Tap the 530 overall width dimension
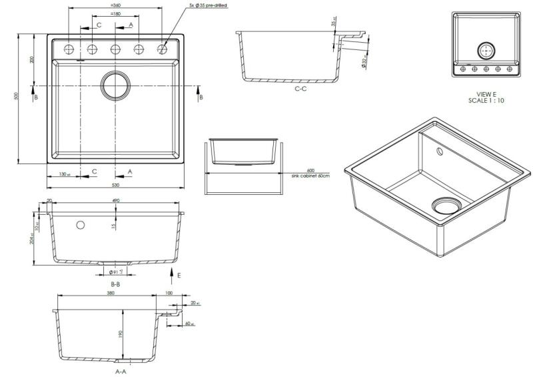click(115, 185)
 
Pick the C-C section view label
click(300, 89)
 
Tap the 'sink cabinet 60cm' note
click(310, 175)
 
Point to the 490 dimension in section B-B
click(116, 200)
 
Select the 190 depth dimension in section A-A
click(121, 334)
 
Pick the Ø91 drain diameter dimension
click(117, 272)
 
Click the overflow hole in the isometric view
click(440, 152)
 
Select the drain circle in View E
click(486, 50)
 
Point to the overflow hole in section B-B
click(81, 224)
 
